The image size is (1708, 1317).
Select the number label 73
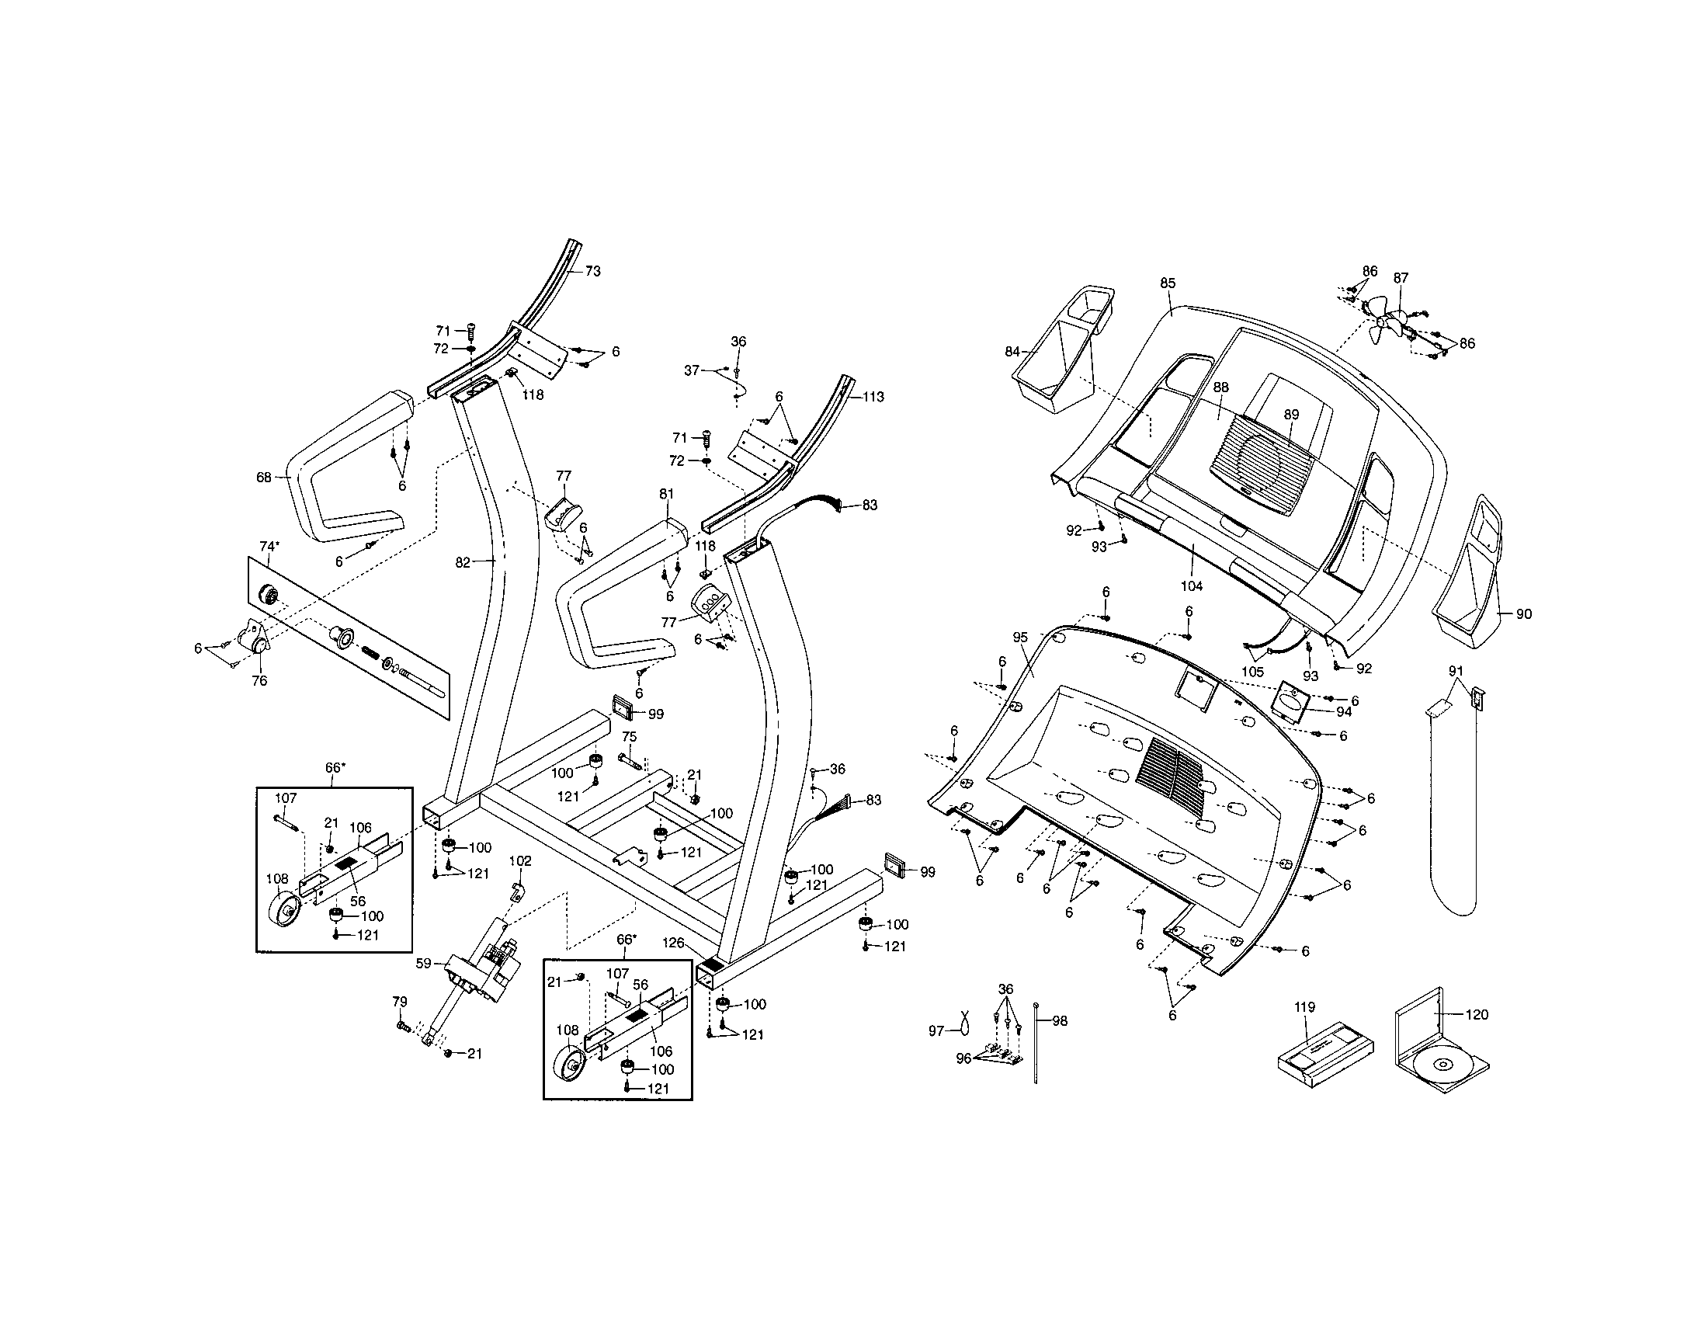tap(593, 271)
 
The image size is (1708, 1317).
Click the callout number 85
tap(1168, 283)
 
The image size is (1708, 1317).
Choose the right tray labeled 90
tap(1473, 582)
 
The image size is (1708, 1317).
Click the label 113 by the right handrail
tap(873, 398)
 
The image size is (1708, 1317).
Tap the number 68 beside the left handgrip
tap(263, 477)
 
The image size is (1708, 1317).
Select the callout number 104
tap(1191, 586)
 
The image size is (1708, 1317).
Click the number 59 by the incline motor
tap(423, 964)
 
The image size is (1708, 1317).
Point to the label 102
tap(520, 861)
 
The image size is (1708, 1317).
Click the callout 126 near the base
tap(673, 943)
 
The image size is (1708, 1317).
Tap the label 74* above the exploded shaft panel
tap(270, 546)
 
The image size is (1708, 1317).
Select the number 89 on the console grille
tap(1291, 415)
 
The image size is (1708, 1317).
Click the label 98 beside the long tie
tap(1060, 1020)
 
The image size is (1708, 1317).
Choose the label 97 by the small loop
tap(936, 1031)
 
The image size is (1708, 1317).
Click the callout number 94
tap(1344, 711)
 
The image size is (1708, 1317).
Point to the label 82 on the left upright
tap(463, 562)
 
